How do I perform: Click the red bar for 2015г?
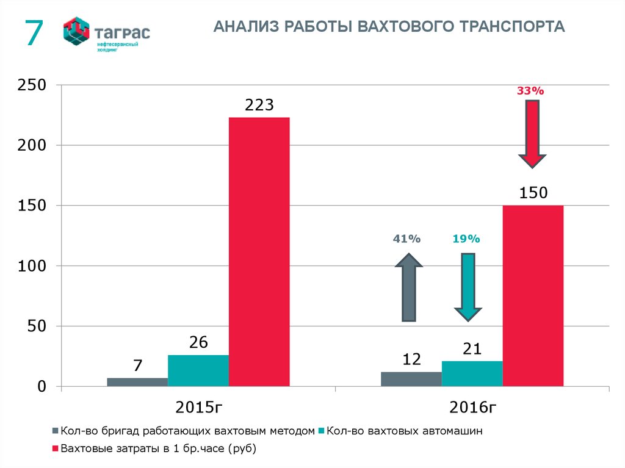(259, 251)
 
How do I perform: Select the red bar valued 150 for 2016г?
(533, 295)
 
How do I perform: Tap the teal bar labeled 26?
(198, 370)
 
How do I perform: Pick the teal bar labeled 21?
(472, 373)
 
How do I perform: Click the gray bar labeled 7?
(137, 382)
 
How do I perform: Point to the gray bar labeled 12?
(411, 379)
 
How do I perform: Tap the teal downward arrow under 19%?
(468, 287)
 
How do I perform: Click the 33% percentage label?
(530, 90)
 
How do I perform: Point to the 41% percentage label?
(407, 239)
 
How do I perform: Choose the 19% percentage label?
(466, 239)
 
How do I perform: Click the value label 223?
(259, 104)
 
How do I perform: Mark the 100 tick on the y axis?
(32, 266)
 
